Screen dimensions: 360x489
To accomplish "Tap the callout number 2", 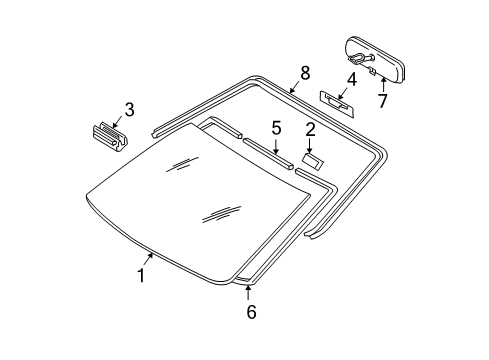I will click(x=311, y=128).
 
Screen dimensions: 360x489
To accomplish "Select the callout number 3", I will click(x=129, y=109).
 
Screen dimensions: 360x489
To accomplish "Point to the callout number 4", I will click(x=351, y=79).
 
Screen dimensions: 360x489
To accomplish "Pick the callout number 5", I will click(x=276, y=127).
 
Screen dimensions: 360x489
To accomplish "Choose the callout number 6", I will click(x=251, y=312).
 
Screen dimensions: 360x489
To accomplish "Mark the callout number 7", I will click(x=382, y=99).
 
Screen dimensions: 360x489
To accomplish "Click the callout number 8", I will click(x=305, y=72).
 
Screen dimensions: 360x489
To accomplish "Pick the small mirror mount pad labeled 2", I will click(x=312, y=159).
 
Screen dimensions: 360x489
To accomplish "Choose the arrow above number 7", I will click(x=381, y=82).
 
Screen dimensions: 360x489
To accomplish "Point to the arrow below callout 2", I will click(x=311, y=145).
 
